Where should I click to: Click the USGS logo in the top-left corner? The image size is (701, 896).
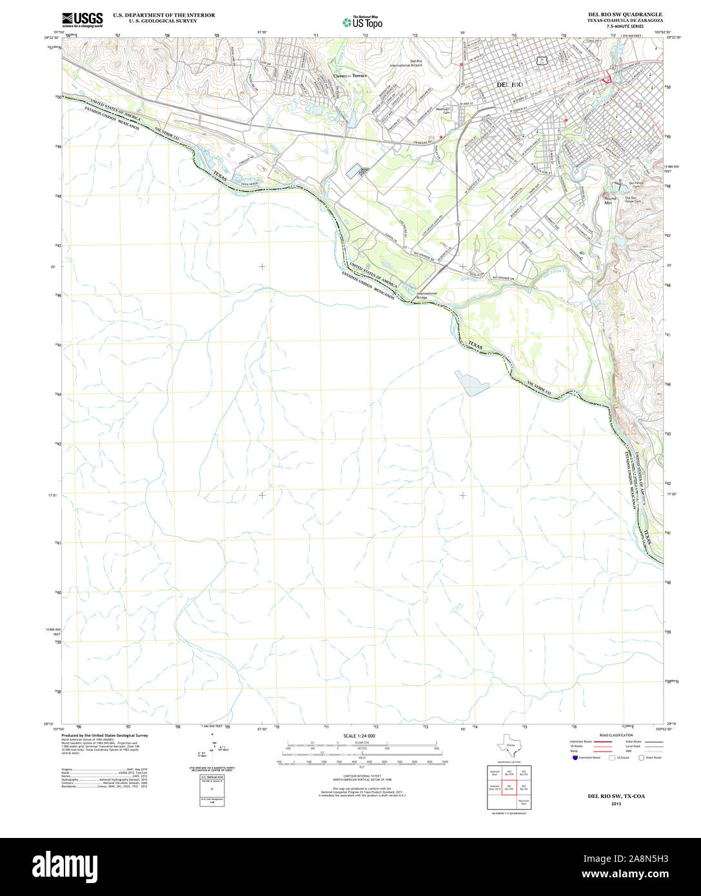(82, 19)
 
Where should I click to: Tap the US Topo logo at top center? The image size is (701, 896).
(362, 21)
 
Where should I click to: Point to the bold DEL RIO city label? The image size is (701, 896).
(509, 84)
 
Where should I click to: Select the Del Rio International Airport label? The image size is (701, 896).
(406, 63)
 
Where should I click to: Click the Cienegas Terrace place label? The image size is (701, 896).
(350, 75)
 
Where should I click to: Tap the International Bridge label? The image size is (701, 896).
(426, 295)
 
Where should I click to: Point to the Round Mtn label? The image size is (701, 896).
(610, 200)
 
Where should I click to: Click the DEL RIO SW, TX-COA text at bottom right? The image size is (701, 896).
(615, 796)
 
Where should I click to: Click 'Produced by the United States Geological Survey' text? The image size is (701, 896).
(104, 735)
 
